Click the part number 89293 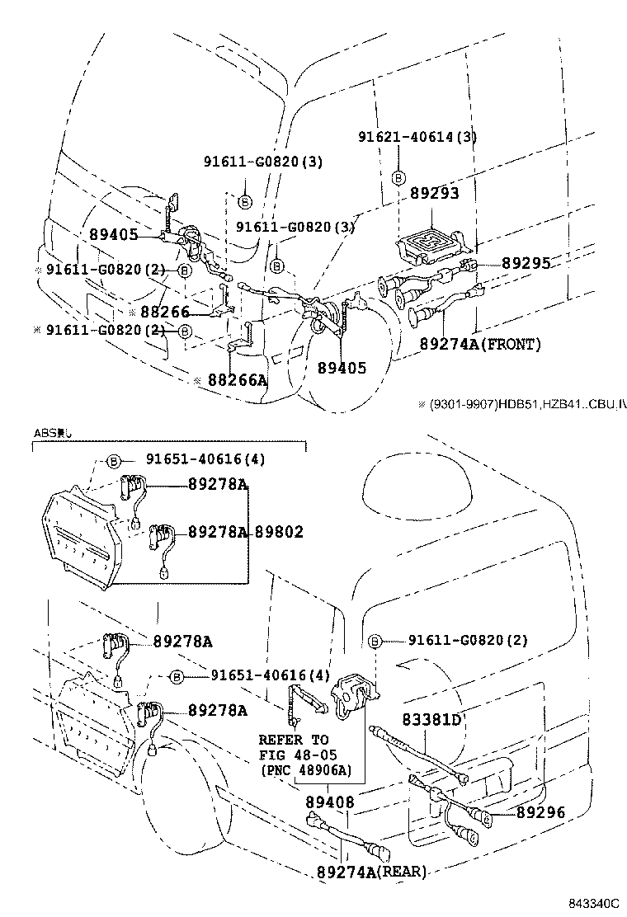(434, 193)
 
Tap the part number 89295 (526, 263)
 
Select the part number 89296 (540, 812)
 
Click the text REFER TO (293, 739)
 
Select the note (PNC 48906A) (305, 769)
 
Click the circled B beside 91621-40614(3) (398, 177)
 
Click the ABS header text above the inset (54, 432)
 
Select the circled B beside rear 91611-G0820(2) (375, 641)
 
